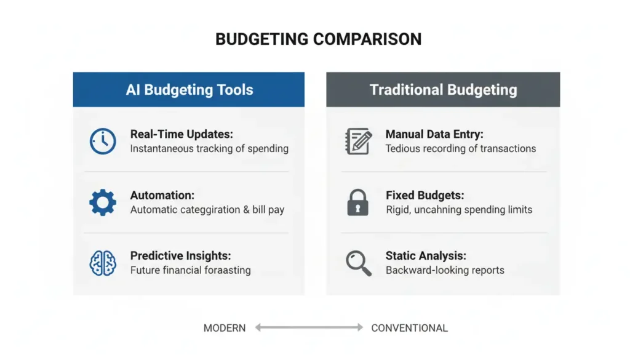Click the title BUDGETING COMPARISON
pos(318,39)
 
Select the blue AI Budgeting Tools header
pos(189,90)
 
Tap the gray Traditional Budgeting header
pos(443,90)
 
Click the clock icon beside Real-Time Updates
pos(103,141)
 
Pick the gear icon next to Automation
pos(103,202)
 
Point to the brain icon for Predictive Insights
pos(103,263)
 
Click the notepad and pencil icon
pos(358,141)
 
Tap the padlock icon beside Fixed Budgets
pos(357,202)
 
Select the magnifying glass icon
pos(358,263)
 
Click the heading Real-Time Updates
pos(181,134)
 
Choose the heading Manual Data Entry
pos(434,134)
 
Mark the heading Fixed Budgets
pos(425,195)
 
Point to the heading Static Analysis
pos(426,255)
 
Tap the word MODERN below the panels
pos(225,328)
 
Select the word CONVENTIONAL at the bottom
pos(409,328)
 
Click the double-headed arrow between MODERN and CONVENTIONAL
pos(309,328)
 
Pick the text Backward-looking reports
pos(445,270)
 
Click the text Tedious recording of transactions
pos(460,148)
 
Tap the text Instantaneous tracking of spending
pos(209,148)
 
